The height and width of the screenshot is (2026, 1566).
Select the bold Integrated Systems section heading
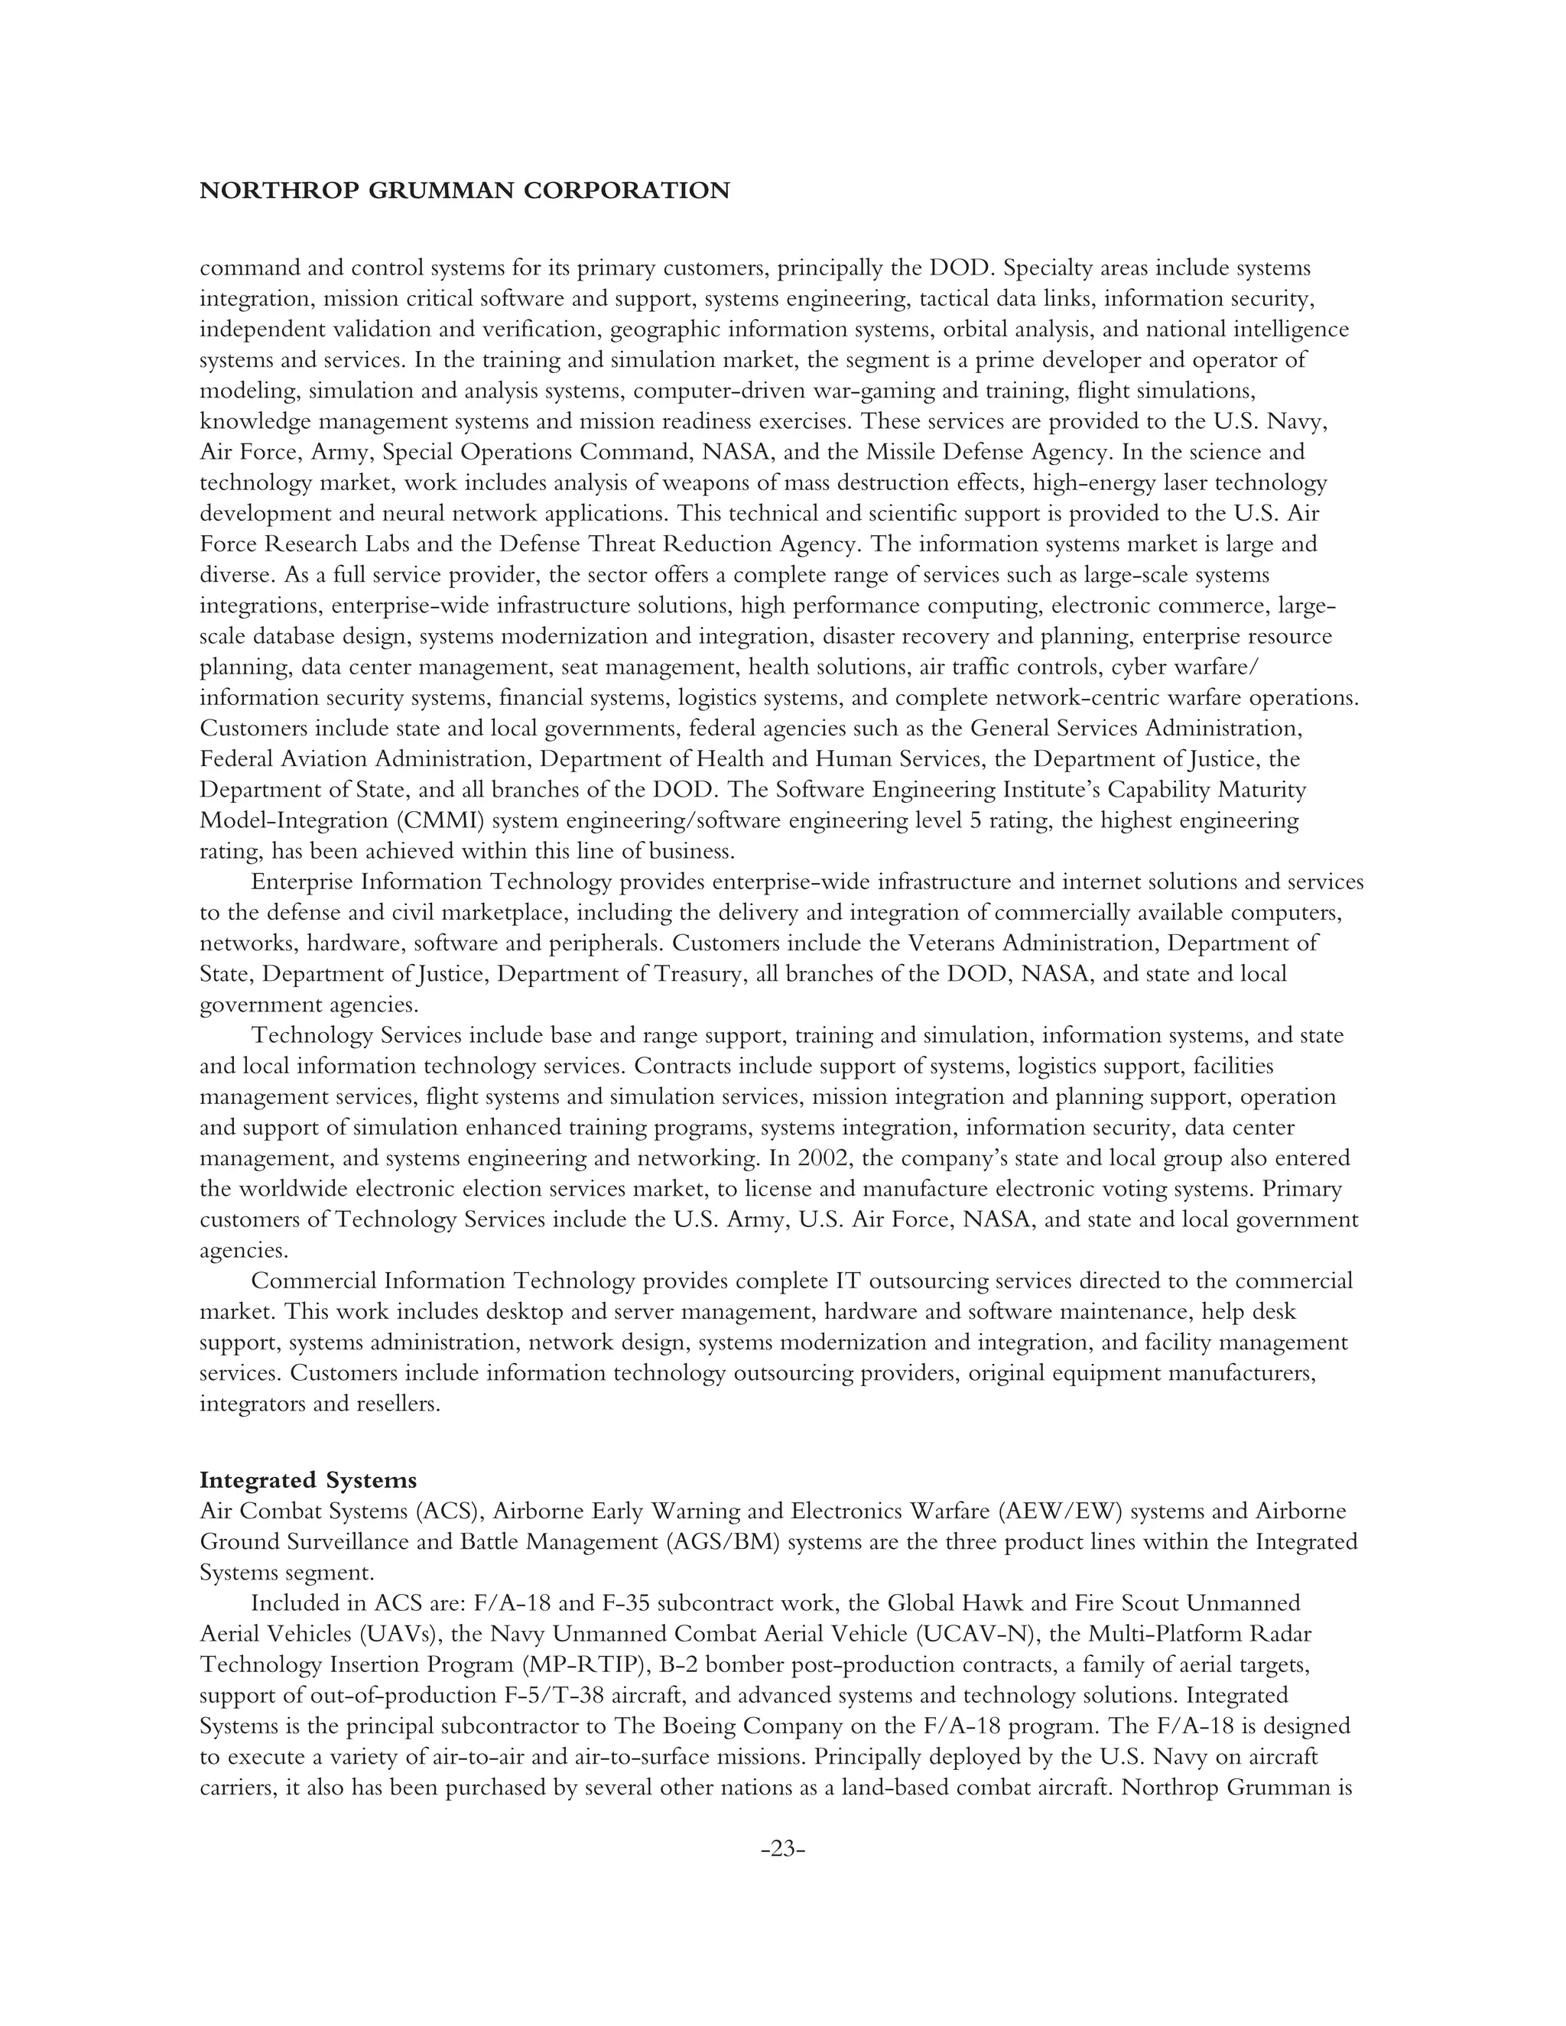point(308,1479)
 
